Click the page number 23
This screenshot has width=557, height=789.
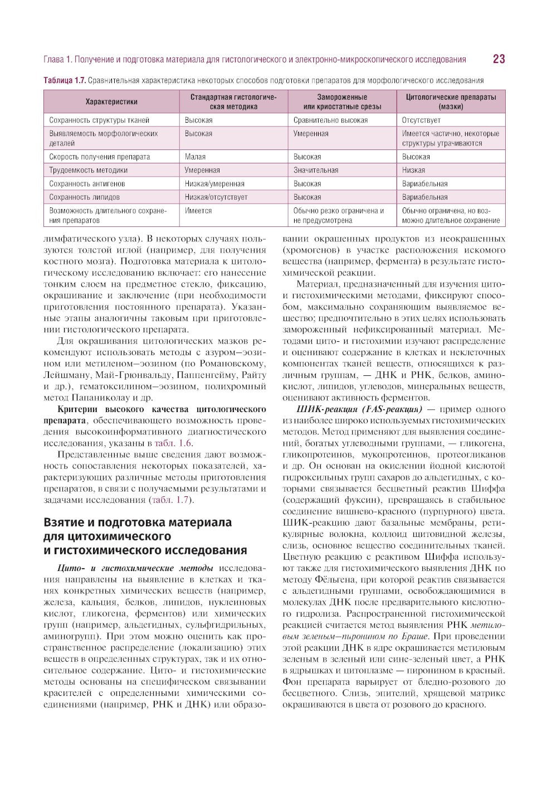[499, 59]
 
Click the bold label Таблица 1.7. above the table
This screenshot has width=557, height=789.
[65, 80]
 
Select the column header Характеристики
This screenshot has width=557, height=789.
[111, 101]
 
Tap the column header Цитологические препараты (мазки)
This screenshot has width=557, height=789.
[451, 101]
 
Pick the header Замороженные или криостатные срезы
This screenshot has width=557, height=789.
[342, 101]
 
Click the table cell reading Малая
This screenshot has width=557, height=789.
[195, 157]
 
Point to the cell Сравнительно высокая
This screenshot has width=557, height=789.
[330, 120]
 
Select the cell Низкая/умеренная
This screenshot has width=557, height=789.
[214, 183]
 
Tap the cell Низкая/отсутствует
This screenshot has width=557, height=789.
[216, 197]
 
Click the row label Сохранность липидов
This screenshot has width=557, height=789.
[84, 197]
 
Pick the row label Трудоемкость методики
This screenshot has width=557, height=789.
[88, 170]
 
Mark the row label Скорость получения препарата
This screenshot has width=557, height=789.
[99, 157]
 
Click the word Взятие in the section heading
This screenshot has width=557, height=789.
[66, 522]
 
